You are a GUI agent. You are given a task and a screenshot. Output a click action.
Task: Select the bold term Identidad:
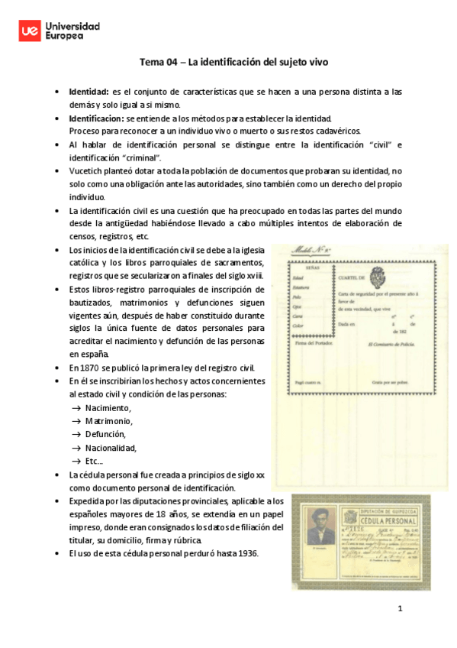89,92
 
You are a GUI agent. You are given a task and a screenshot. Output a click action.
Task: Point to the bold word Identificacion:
96,118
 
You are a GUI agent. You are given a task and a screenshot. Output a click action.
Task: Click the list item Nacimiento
108,407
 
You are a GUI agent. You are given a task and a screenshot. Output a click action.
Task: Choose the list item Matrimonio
108,421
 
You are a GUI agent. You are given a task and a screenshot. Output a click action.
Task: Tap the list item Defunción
107,434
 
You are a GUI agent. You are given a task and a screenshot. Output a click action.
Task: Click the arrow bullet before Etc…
76,462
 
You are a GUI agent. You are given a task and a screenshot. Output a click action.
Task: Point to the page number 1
398,608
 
